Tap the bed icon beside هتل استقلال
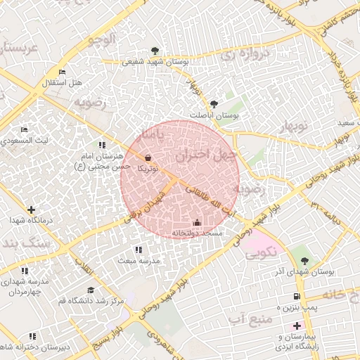coord(63,72)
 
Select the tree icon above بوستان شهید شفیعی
coord(154,50)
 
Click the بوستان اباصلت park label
coord(214,115)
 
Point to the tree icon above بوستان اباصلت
coord(214,103)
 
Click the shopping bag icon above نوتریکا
coord(148,158)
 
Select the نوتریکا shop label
coord(148,169)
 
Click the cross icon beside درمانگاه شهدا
coord(31,210)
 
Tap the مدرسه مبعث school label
coord(139,260)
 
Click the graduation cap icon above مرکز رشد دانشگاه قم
coord(90,290)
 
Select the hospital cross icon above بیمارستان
coord(297,326)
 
